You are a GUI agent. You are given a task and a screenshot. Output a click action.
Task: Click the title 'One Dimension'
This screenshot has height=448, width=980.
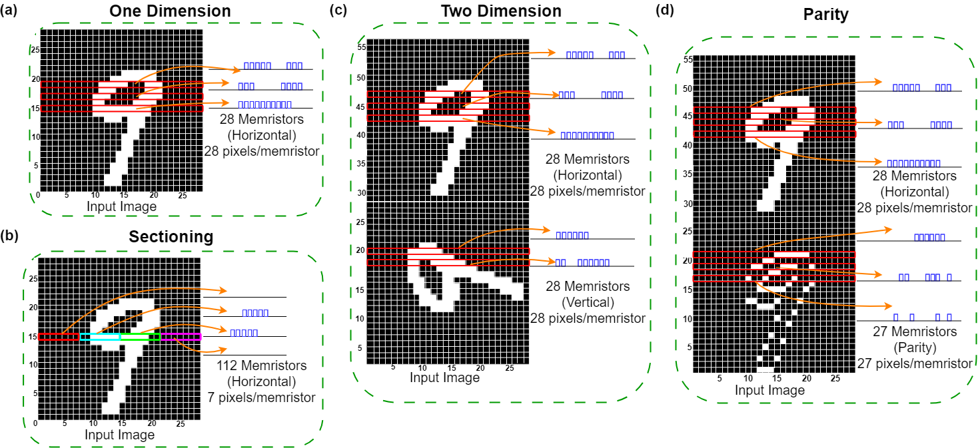tap(170, 11)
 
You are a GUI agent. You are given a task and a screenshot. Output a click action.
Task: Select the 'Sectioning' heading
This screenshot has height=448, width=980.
tap(171, 236)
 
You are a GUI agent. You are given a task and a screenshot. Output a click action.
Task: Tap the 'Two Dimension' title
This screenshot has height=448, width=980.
tap(501, 11)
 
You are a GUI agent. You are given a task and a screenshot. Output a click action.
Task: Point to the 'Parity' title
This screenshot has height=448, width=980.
tap(825, 15)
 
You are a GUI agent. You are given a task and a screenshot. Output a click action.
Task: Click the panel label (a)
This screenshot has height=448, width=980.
tap(8, 9)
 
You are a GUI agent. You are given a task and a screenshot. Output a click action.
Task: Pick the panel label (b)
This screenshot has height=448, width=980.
tap(9, 236)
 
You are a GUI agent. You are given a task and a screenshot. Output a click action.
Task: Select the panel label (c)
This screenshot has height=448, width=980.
tap(338, 9)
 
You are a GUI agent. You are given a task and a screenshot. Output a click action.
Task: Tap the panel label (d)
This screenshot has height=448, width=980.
tap(664, 9)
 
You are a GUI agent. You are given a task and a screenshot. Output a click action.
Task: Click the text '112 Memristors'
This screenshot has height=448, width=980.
tap(261, 365)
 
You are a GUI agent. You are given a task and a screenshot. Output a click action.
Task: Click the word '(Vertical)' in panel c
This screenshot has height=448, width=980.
tap(588, 302)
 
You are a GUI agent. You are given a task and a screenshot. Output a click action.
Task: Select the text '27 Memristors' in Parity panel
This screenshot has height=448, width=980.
tap(914, 332)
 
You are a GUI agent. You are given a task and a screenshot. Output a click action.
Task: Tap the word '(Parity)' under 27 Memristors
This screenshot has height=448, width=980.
tap(914, 348)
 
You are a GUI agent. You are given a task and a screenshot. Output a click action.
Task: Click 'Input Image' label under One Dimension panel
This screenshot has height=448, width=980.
tap(121, 206)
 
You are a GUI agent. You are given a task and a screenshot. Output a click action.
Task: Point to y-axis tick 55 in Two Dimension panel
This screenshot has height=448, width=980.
tap(361, 47)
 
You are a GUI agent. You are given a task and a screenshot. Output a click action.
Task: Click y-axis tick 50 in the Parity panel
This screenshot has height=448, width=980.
tap(688, 89)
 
